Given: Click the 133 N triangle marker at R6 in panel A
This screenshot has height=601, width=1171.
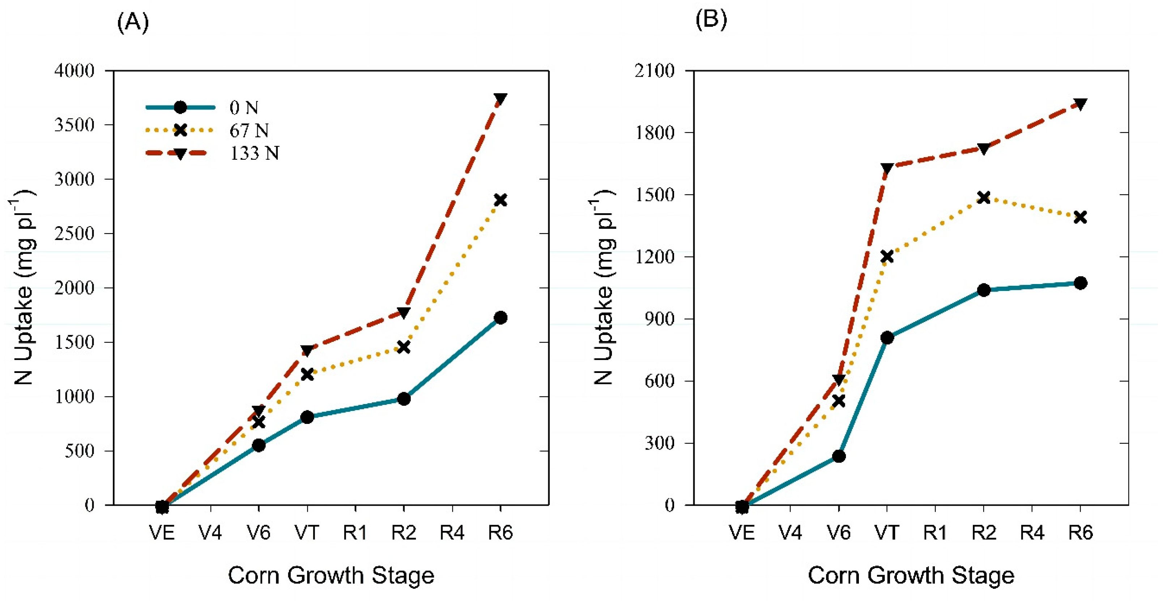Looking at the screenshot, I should click(x=500, y=99).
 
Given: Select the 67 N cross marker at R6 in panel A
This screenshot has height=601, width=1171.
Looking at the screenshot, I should click(x=500, y=200).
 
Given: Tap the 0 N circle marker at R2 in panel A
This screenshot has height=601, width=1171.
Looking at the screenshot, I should click(x=404, y=399).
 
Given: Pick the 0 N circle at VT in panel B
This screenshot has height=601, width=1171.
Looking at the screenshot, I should click(x=887, y=338).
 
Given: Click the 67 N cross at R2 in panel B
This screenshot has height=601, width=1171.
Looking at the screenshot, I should click(x=984, y=198).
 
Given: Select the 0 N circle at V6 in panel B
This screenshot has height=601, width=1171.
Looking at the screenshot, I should click(x=839, y=456).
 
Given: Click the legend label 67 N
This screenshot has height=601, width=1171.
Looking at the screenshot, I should click(x=249, y=131).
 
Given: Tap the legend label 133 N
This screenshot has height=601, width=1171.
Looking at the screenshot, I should click(x=254, y=154).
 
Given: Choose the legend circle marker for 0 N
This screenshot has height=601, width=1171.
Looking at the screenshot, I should click(x=180, y=108).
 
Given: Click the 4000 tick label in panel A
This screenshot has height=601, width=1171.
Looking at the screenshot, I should click(x=74, y=71).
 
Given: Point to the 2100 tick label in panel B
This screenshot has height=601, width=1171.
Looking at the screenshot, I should click(x=655, y=71).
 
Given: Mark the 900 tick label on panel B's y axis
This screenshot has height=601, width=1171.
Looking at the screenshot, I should click(x=660, y=319).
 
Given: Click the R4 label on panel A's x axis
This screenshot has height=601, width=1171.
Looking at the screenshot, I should click(x=452, y=532).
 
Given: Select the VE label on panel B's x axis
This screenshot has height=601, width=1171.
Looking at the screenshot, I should click(x=742, y=532).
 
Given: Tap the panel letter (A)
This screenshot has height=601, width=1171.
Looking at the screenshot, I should click(x=133, y=21).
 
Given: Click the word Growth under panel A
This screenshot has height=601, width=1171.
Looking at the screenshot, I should click(x=325, y=576).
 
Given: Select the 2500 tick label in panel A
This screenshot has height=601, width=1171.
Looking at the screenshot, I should click(x=74, y=233).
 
